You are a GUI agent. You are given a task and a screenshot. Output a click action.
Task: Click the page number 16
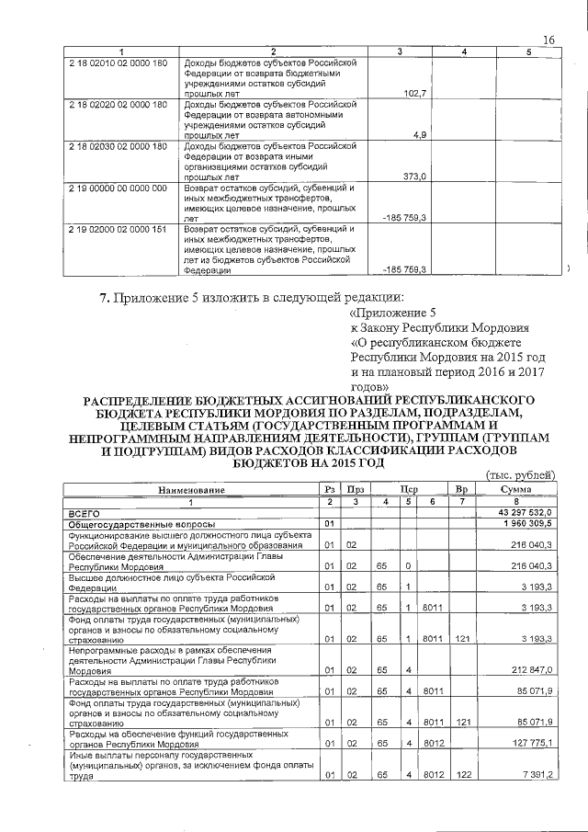coord(549,40)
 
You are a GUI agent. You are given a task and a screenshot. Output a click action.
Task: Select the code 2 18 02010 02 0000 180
coord(118,63)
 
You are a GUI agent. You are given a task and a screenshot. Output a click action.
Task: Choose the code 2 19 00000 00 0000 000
coord(118,188)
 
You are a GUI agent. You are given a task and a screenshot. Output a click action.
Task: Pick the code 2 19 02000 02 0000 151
coord(118,229)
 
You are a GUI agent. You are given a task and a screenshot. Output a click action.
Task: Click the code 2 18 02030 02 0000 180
coord(118,146)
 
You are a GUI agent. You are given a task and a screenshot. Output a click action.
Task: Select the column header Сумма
coord(516,491)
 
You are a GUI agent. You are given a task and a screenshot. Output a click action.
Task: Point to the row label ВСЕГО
coord(85,511)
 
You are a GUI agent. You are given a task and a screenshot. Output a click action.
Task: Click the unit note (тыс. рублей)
coord(520,475)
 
